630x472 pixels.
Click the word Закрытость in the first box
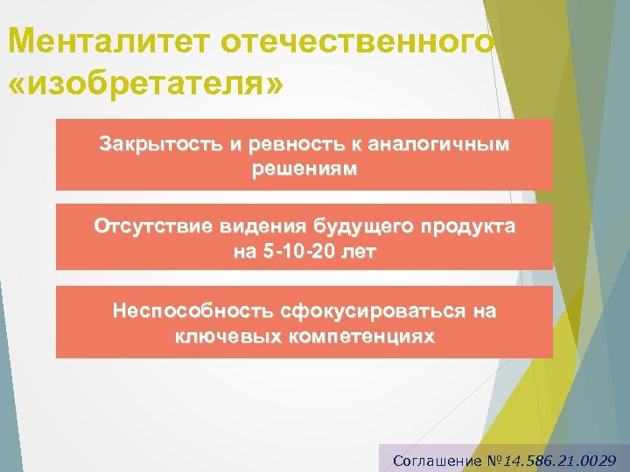tap(152, 143)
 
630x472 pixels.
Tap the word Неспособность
tap(192, 311)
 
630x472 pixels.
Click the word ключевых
tap(225, 335)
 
